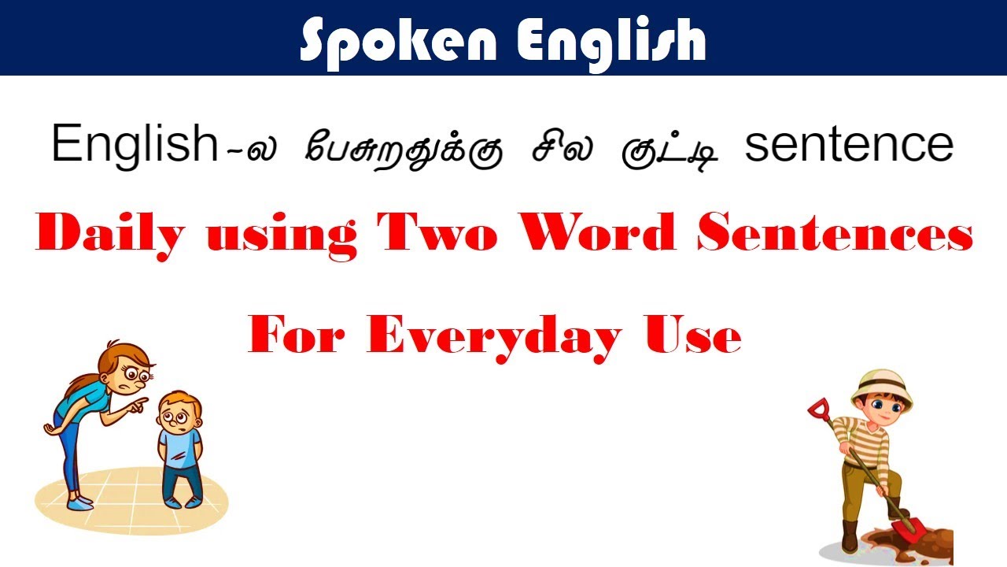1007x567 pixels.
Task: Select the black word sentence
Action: tap(849, 145)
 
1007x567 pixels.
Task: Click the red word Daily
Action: tap(110, 234)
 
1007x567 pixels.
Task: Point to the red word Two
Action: tap(437, 234)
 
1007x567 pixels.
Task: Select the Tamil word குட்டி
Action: tap(673, 146)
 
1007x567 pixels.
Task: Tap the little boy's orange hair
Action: tap(179, 401)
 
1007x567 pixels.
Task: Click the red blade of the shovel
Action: tap(912, 528)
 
